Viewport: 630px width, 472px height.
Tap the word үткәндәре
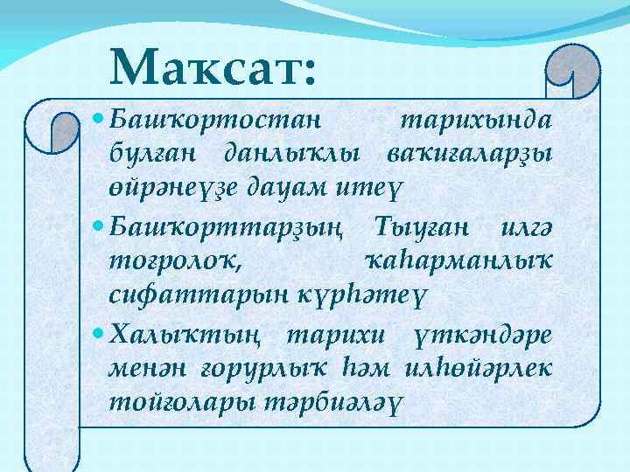click(x=485, y=337)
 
